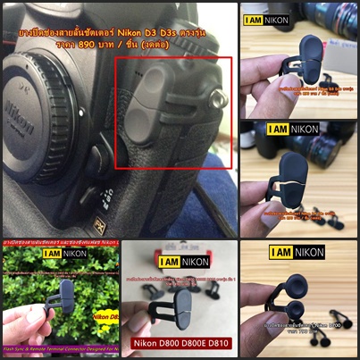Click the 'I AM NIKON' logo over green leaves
pyautogui.click(x=65, y=253)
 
